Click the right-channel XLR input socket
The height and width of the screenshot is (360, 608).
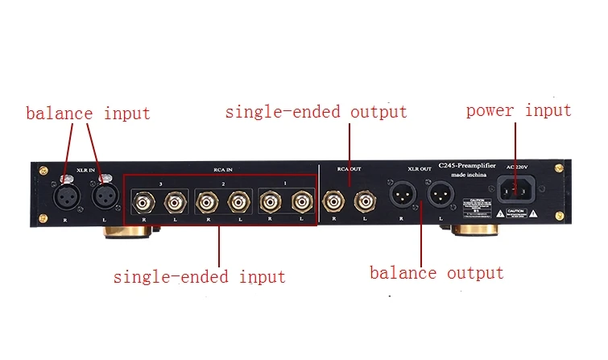(x=67, y=197)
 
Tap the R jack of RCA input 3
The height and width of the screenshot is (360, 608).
(x=145, y=198)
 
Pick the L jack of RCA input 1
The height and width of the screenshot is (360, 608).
(x=301, y=198)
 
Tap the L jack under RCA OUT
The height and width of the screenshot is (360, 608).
(x=364, y=198)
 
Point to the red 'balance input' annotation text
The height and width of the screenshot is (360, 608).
(x=88, y=113)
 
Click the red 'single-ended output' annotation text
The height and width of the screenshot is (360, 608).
(x=316, y=111)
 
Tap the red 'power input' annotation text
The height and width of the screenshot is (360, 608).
(x=519, y=110)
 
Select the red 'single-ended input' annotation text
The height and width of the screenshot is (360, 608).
(x=199, y=276)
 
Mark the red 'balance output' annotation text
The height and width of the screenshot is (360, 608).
(x=436, y=273)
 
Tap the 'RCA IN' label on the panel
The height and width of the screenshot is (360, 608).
(x=223, y=170)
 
